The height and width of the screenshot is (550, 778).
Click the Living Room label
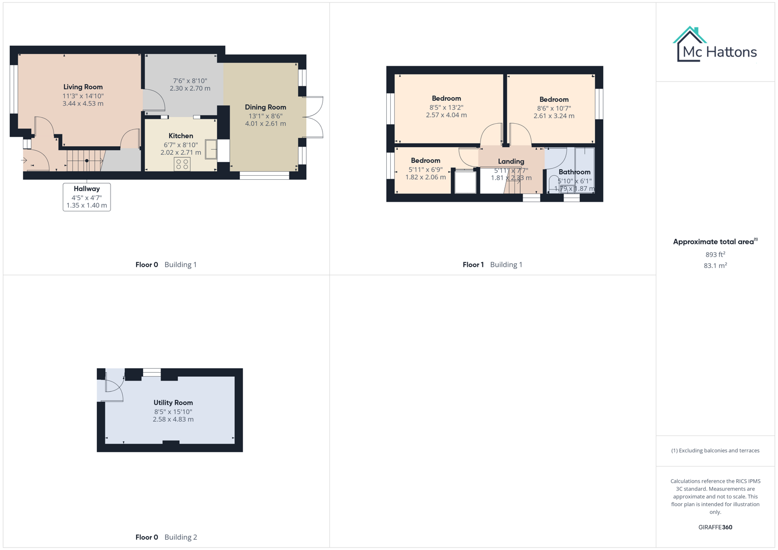(x=83, y=87)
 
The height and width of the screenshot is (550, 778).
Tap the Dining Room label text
(x=265, y=107)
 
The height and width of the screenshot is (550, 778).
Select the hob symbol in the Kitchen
(x=182, y=164)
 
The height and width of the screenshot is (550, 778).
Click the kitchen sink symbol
(x=211, y=149)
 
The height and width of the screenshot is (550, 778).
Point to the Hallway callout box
(x=87, y=197)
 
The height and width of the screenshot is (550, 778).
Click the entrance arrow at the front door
(x=24, y=160)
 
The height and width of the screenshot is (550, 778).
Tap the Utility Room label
(x=173, y=403)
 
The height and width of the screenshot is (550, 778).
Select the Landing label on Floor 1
(x=511, y=161)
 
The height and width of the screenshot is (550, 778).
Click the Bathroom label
(x=574, y=172)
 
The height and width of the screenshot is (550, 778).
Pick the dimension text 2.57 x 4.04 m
(x=446, y=116)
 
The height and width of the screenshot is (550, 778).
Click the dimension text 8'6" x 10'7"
(x=554, y=108)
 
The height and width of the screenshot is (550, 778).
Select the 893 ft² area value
(x=715, y=255)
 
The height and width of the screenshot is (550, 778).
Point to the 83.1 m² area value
(x=715, y=266)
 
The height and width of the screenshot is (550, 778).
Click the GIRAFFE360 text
(x=715, y=528)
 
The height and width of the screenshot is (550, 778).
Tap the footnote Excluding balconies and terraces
(x=715, y=451)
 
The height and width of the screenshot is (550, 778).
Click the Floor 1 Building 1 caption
(x=492, y=265)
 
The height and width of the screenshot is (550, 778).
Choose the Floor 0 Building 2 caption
(x=166, y=537)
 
